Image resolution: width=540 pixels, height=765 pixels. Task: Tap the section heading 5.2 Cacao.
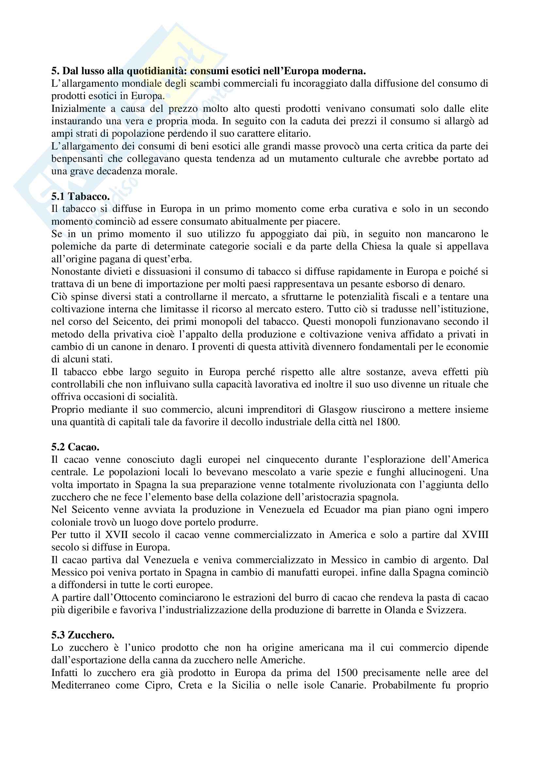(x=75, y=447)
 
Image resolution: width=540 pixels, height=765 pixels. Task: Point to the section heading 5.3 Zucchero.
(x=83, y=635)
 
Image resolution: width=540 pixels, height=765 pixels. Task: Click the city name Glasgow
(x=338, y=409)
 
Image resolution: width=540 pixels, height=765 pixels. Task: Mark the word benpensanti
(x=77, y=159)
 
